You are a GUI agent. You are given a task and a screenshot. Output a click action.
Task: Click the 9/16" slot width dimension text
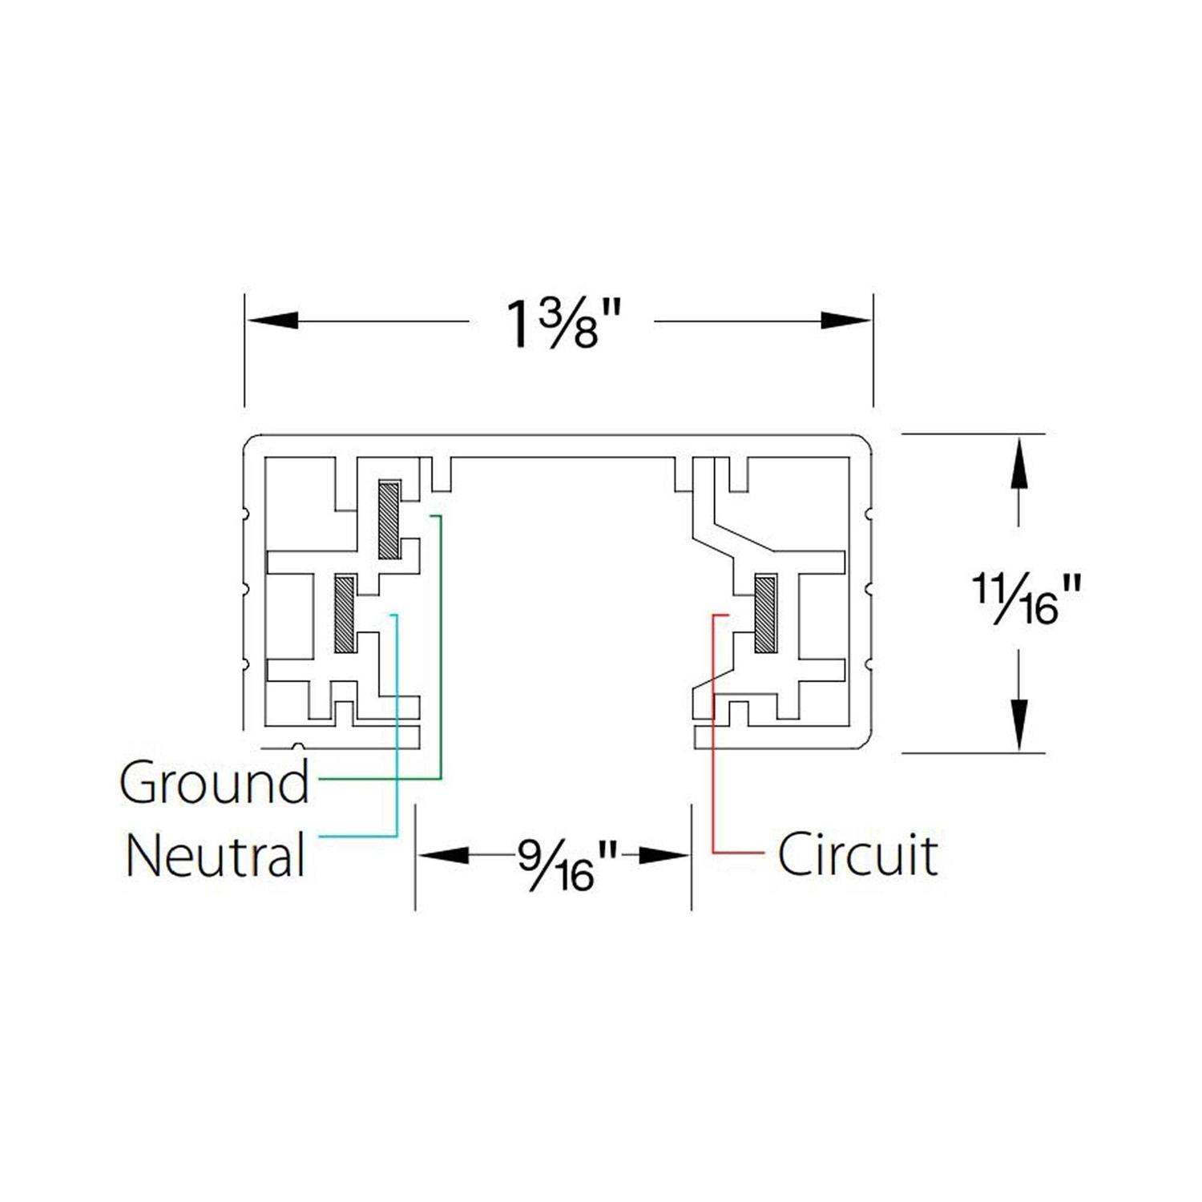click(x=567, y=864)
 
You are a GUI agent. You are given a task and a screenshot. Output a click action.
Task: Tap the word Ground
click(x=214, y=782)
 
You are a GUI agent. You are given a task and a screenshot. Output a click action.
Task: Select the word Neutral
click(x=216, y=855)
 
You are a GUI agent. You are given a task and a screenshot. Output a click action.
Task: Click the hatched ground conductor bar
click(x=389, y=520)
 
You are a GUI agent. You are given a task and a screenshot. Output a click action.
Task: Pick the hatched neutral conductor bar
click(x=345, y=614)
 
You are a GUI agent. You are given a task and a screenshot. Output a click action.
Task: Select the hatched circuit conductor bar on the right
click(x=765, y=614)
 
